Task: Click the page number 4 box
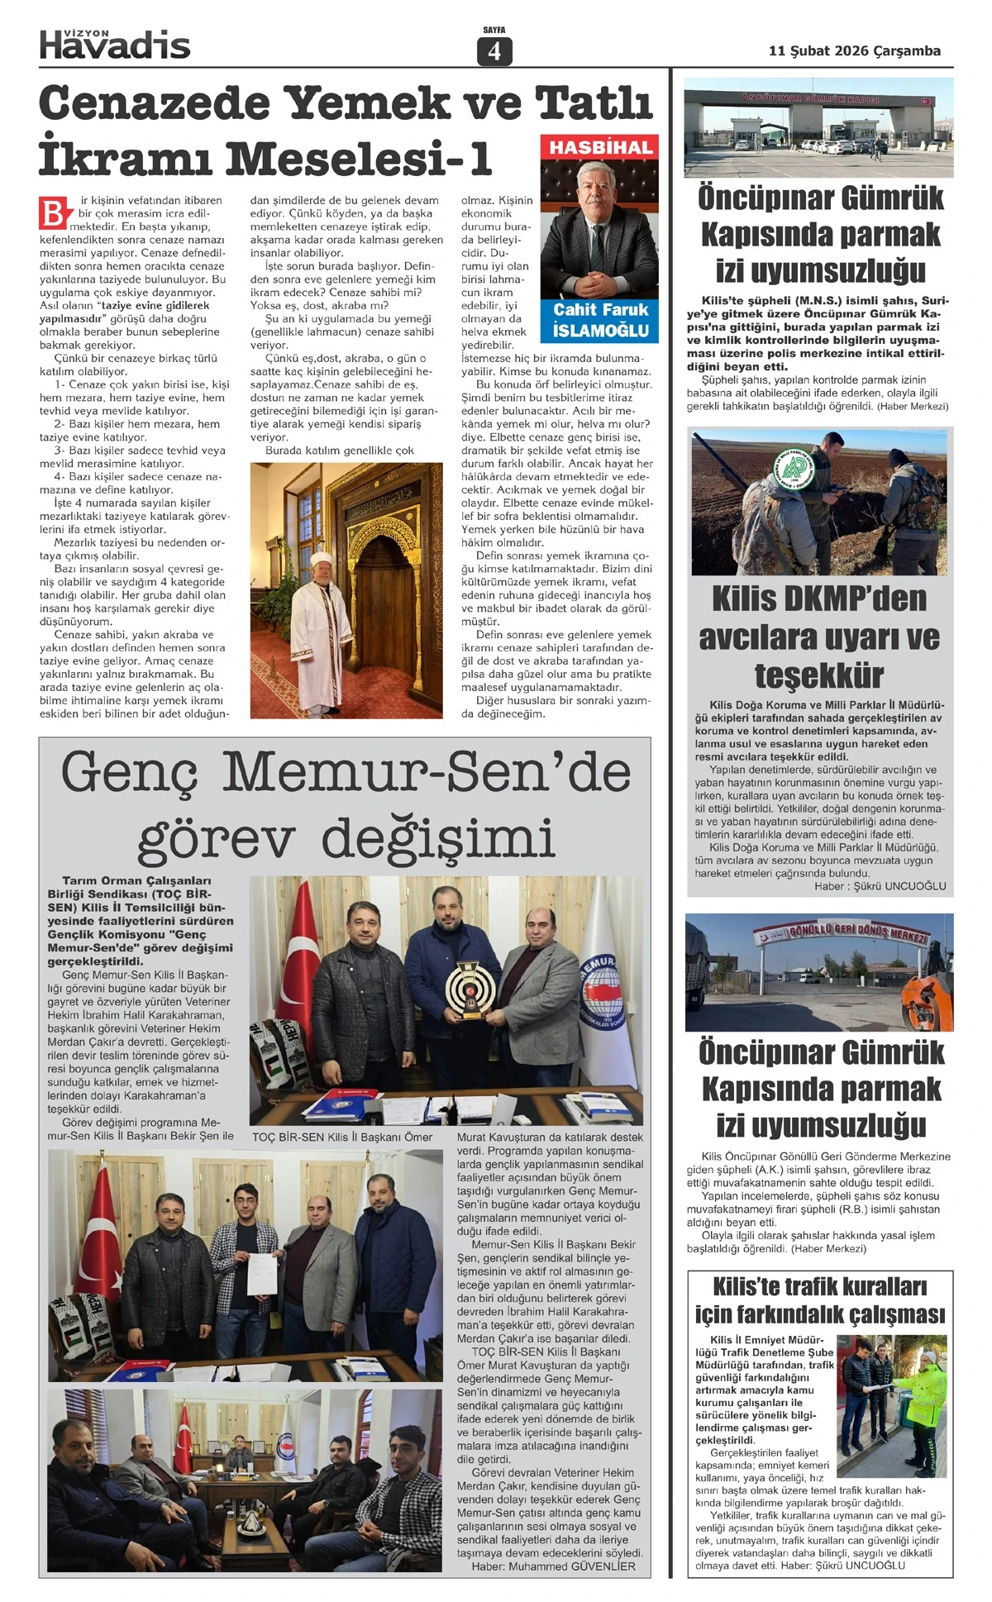[x=494, y=51]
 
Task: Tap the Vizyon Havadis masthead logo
[x=115, y=43]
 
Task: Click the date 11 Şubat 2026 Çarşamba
[x=854, y=51]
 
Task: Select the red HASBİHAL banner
[x=600, y=147]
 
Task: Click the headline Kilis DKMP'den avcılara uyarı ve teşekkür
[x=819, y=637]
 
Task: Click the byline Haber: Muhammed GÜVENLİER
[x=553, y=1566]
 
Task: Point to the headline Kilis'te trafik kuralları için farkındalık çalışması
[x=819, y=1300]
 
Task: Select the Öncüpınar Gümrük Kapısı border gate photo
[x=818, y=127]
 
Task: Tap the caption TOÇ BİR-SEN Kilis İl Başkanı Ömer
[x=342, y=1137]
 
